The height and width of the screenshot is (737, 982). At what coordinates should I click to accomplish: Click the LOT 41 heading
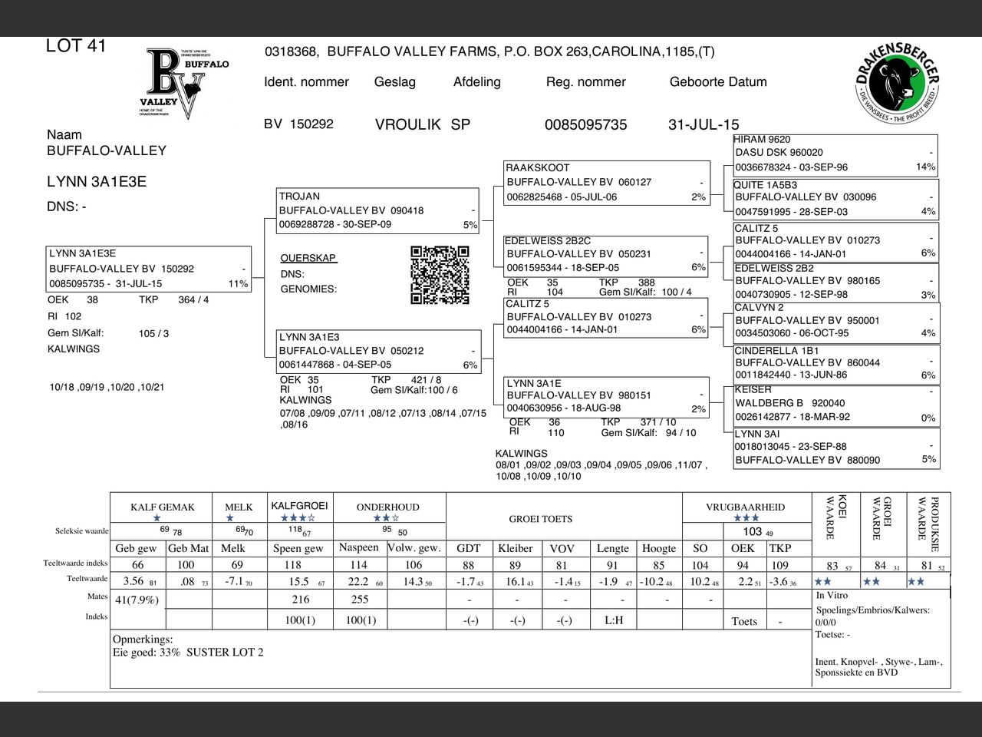click(x=76, y=46)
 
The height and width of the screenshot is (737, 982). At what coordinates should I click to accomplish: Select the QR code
click(x=440, y=275)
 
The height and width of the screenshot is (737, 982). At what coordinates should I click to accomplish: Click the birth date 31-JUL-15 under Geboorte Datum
click(x=704, y=124)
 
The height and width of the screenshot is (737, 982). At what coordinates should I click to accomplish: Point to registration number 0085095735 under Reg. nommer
click(x=585, y=124)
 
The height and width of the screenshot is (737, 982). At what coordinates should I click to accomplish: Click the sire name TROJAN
click(x=299, y=197)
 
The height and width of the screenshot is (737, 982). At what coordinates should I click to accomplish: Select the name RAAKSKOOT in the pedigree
click(x=537, y=167)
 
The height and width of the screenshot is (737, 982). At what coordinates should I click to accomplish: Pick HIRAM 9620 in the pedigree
click(x=762, y=140)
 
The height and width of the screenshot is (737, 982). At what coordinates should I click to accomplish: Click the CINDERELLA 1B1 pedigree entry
click(x=776, y=351)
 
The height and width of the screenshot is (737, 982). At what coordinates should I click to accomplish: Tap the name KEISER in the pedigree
click(x=753, y=389)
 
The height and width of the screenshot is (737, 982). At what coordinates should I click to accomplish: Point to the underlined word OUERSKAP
click(x=308, y=258)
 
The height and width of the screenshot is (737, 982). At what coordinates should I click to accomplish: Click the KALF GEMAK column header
click(x=162, y=507)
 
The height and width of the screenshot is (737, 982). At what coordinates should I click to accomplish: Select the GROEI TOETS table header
click(x=540, y=519)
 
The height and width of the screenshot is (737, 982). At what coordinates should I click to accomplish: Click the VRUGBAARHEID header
click(x=745, y=507)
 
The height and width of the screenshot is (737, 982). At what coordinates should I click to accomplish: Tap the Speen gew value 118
click(x=293, y=565)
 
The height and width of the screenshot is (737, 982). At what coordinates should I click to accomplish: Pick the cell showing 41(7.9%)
click(x=137, y=600)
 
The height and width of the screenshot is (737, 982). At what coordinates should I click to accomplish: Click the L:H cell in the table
click(x=614, y=620)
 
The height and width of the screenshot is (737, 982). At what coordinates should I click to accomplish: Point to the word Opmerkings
click(x=143, y=639)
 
